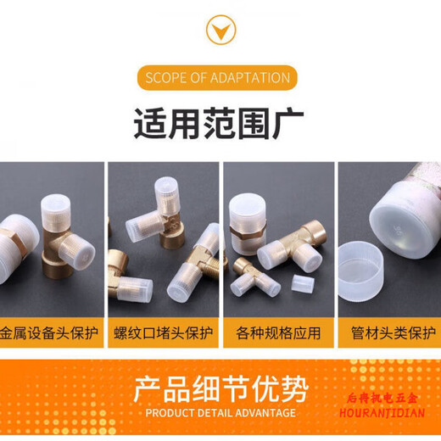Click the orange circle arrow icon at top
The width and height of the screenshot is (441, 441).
220,31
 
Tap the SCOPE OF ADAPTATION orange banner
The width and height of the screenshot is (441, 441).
219,78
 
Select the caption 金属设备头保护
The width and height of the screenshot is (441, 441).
47,332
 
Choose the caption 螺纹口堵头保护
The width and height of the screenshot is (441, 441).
165,332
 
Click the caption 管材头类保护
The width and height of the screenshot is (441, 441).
393,332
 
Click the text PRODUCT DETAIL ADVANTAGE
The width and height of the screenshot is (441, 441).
220,413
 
